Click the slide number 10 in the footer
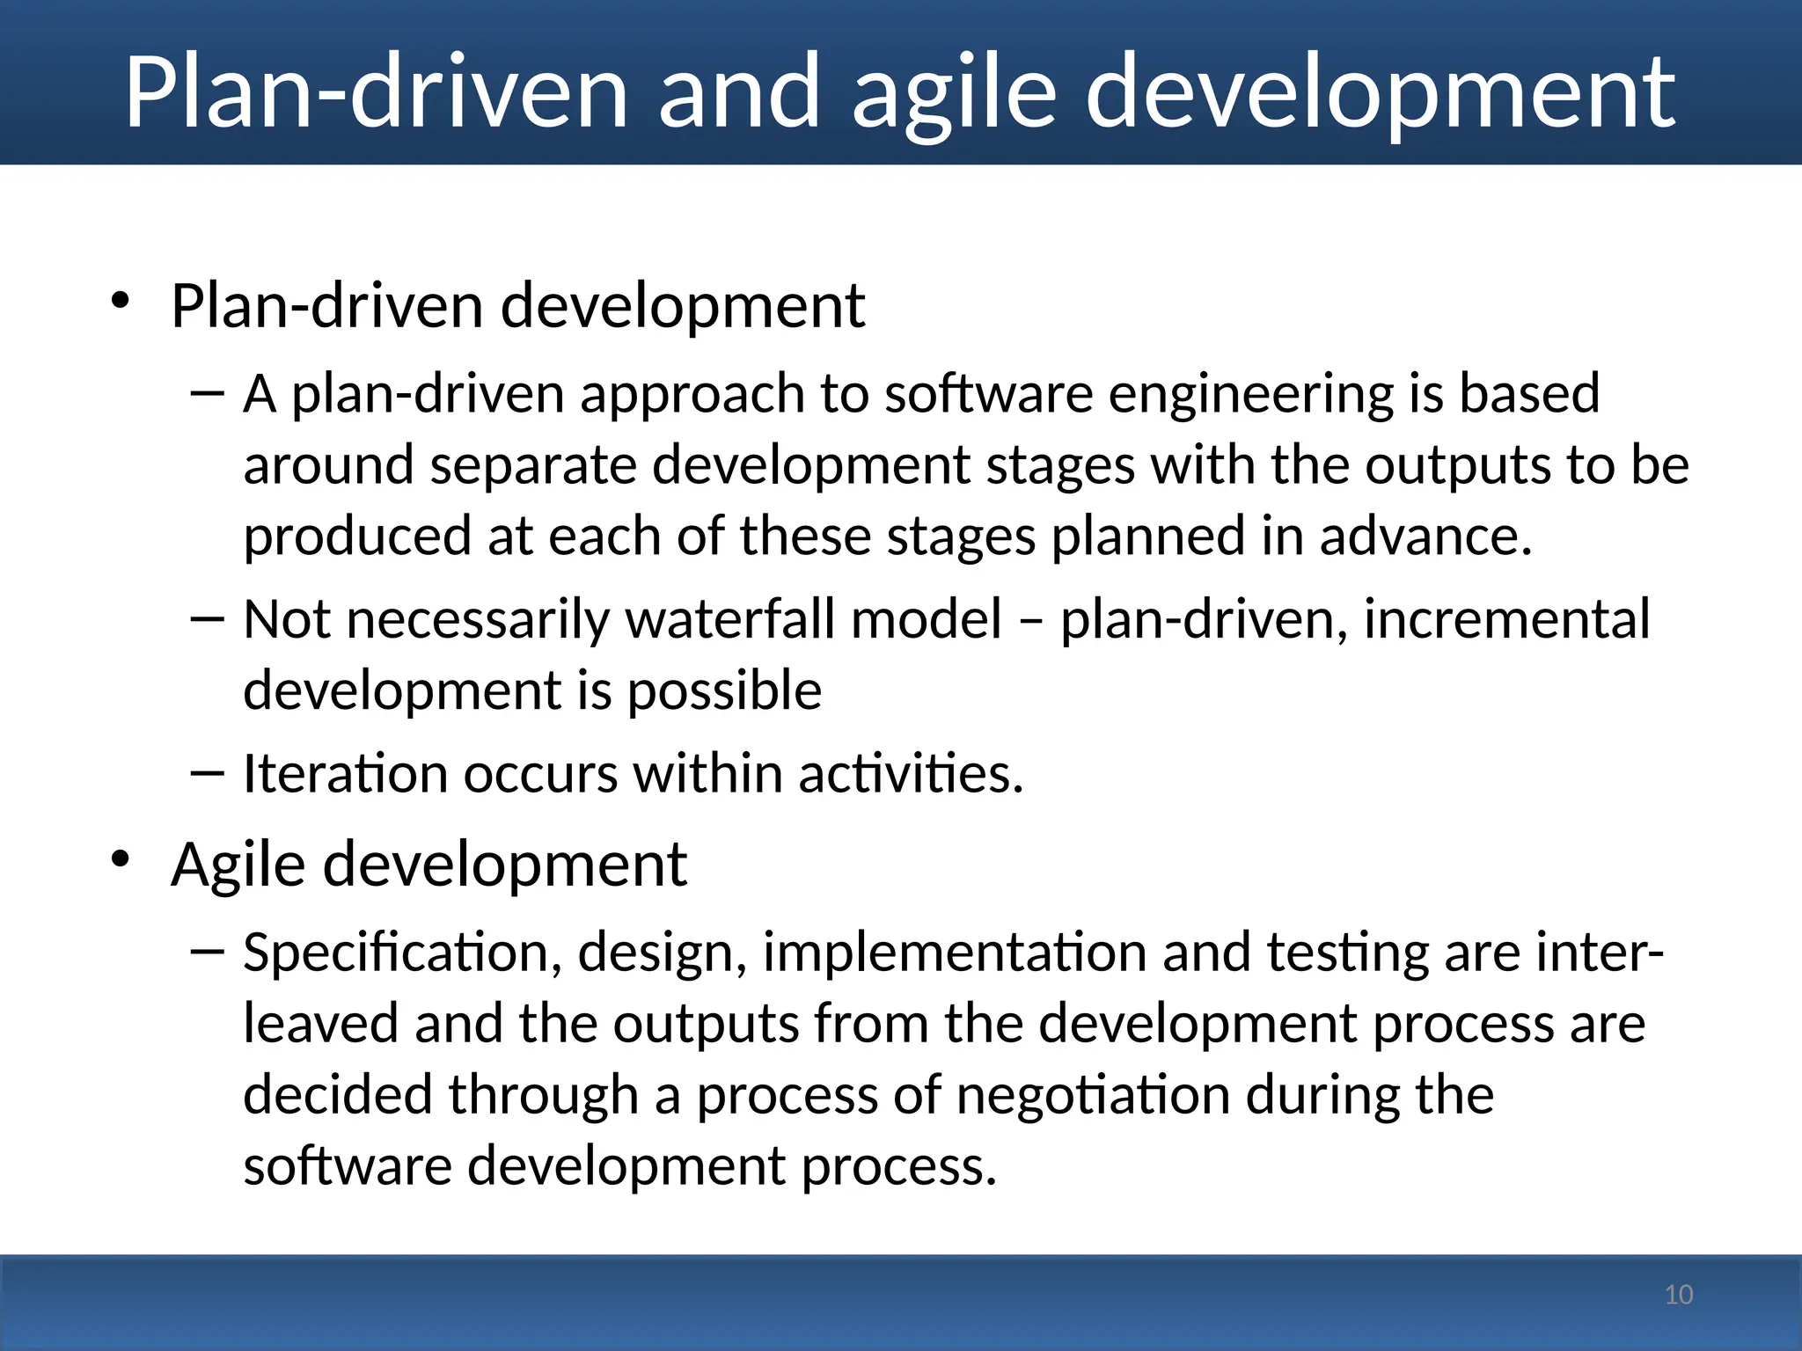[1679, 1295]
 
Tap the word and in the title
[739, 92]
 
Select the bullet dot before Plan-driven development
[121, 302]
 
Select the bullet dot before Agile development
[121, 859]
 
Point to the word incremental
[1506, 619]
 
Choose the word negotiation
[1093, 1095]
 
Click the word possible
[724, 691]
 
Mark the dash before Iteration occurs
[208, 773]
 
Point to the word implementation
[955, 953]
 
